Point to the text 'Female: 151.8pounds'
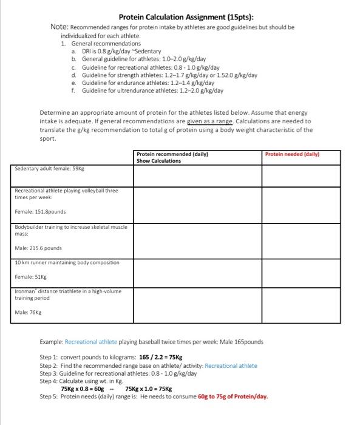tap(41, 211)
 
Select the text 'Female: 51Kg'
tap(32, 275)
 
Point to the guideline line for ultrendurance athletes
tap(152, 91)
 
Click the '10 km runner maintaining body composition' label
tap(67, 262)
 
